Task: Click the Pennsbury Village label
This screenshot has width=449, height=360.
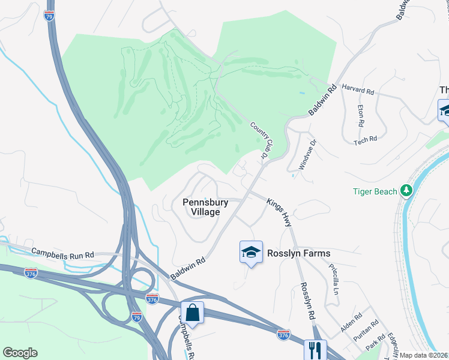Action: pyautogui.click(x=205, y=207)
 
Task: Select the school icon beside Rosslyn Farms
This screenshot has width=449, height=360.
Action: pyautogui.click(x=251, y=252)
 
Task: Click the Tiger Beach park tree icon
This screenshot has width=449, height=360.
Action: pyautogui.click(x=407, y=191)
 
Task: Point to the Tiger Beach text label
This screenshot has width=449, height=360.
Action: pyautogui.click(x=375, y=191)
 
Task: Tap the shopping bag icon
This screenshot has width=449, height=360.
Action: pyautogui.click(x=192, y=312)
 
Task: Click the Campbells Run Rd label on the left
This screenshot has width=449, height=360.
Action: pyautogui.click(x=62, y=254)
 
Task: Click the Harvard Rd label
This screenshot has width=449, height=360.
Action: pyautogui.click(x=358, y=90)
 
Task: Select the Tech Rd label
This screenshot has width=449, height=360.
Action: pyautogui.click(x=365, y=139)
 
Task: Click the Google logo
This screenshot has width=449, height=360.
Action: pyautogui.click(x=20, y=353)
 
